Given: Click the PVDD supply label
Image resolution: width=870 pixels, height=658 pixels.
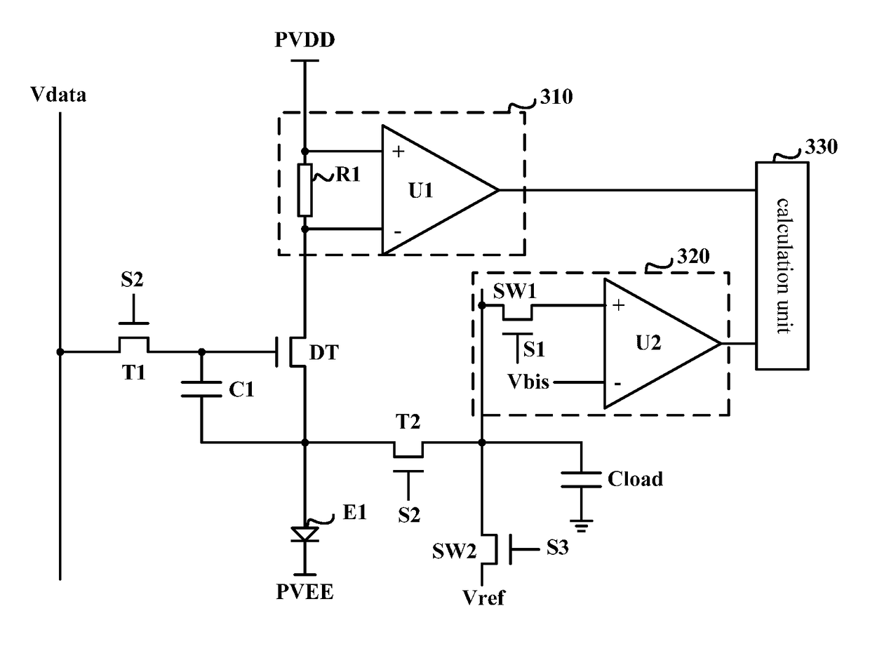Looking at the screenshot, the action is click(x=304, y=40).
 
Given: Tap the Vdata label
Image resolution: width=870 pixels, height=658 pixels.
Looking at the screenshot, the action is click(x=58, y=95).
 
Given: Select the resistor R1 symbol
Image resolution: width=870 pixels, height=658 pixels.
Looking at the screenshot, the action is click(x=304, y=190).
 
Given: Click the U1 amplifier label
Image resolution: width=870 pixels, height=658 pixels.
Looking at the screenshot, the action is click(x=420, y=191).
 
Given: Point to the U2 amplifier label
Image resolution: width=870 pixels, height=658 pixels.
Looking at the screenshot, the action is click(x=648, y=342).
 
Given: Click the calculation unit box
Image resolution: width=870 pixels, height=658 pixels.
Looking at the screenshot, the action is click(x=782, y=266).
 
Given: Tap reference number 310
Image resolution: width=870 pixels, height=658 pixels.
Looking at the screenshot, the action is click(x=556, y=97).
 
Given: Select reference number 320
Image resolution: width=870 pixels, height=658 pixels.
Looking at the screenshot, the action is click(x=693, y=257).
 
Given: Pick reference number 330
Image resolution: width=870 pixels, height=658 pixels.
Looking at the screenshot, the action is click(x=822, y=147).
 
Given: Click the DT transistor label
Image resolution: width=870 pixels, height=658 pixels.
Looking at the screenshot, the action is click(x=324, y=353).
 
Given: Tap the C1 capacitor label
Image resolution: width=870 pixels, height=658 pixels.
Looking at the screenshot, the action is click(x=241, y=390).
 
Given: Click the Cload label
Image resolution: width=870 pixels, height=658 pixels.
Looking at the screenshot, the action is click(x=635, y=479).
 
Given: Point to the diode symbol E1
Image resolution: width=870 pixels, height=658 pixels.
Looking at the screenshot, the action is click(x=304, y=534).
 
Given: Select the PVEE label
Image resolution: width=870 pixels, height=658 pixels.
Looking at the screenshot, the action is click(x=304, y=592).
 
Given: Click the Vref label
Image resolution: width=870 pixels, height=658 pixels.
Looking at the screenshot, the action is click(x=483, y=598).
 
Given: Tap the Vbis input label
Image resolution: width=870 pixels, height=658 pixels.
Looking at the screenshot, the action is click(x=528, y=382).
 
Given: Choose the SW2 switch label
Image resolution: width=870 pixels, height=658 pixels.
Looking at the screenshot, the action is click(x=454, y=551).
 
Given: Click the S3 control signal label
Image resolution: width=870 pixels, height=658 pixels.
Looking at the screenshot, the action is click(x=557, y=548).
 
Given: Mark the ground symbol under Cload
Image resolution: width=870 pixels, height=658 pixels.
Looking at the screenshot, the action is click(x=581, y=525).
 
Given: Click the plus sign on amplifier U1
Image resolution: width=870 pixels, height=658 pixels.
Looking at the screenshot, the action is click(x=398, y=152).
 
